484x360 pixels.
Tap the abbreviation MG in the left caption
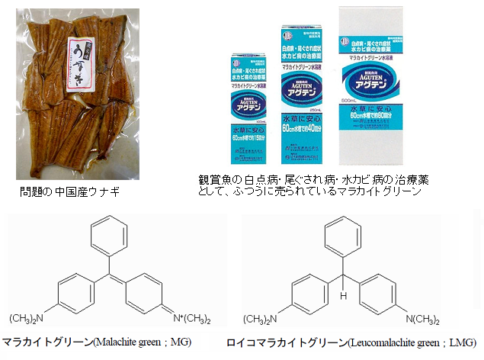[x=180, y=342]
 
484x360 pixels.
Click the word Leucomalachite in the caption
[x=384, y=342]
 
